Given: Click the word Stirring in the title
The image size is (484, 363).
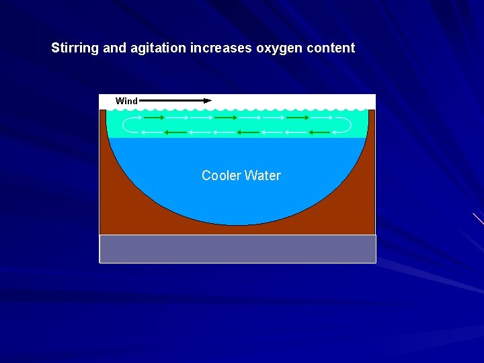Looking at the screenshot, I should (75, 48).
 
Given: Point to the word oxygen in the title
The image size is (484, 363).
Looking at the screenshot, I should (278, 48).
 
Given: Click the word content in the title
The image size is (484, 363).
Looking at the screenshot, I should (329, 48).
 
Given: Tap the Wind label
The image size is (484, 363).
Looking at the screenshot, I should (126, 101).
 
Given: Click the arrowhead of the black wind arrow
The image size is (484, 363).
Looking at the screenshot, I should (208, 100).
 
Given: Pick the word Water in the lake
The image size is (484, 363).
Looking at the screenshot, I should (263, 175).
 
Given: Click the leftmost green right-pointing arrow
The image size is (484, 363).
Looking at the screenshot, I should (154, 118).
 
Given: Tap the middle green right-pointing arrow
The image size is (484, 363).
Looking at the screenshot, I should (225, 118).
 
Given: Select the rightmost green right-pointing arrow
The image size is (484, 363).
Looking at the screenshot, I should (297, 118).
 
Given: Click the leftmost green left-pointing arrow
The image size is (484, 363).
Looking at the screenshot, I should (175, 132).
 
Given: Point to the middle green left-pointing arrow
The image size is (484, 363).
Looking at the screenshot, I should (247, 132).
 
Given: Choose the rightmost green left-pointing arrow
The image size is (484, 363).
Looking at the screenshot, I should (319, 132).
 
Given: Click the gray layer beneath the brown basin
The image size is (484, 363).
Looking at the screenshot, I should (237, 249).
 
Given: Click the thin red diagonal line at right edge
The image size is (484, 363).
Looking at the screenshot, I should (478, 218).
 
